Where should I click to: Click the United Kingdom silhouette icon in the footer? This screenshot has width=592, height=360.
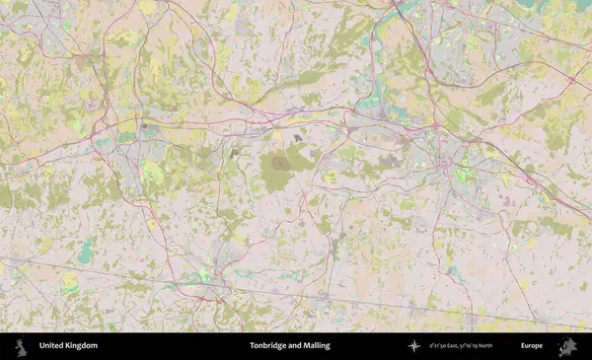click(x=21, y=345)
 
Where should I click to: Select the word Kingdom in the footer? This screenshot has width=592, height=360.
click(x=83, y=346)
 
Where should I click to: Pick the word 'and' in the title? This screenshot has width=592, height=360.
click(x=295, y=346)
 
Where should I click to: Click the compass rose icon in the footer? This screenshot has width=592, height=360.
click(x=413, y=346)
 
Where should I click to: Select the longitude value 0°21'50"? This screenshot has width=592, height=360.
click(x=440, y=346)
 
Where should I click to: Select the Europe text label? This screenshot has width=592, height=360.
click(x=532, y=346)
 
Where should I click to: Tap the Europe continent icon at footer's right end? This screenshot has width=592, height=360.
click(x=567, y=346)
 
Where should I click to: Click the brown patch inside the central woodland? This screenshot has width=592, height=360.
click(x=281, y=164)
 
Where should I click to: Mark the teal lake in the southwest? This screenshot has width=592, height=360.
click(x=85, y=251)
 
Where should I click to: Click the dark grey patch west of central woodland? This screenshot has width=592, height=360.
click(x=235, y=153)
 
